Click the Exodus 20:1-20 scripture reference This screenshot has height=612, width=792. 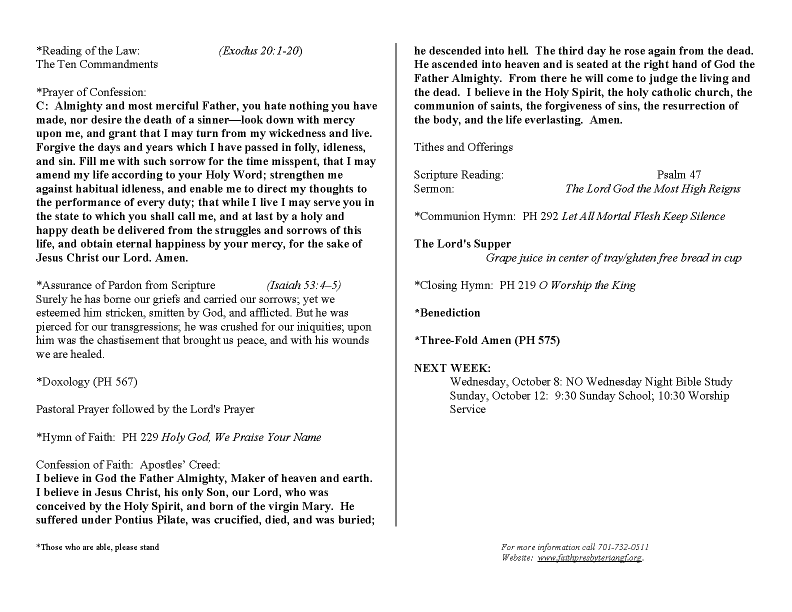[260, 50]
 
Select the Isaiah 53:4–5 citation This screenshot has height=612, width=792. [303, 285]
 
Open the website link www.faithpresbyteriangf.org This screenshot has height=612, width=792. [589, 557]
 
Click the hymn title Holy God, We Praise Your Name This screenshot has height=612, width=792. [241, 437]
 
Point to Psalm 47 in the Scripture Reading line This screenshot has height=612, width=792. [678, 174]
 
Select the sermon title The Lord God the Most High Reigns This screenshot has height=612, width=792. [652, 188]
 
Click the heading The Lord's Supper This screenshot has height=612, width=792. [462, 243]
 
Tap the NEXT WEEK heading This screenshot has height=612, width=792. [452, 368]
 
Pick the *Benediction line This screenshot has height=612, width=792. [447, 312]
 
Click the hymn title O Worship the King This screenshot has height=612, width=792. [587, 285]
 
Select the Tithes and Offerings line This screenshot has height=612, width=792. [463, 147]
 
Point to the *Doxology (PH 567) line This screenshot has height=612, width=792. [86, 381]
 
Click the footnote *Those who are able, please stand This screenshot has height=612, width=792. [97, 547]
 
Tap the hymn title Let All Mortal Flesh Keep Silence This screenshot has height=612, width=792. [643, 216]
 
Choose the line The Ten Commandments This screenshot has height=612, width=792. [97, 64]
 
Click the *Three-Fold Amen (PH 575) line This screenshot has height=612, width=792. [487, 340]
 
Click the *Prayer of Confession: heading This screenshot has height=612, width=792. [91, 92]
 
